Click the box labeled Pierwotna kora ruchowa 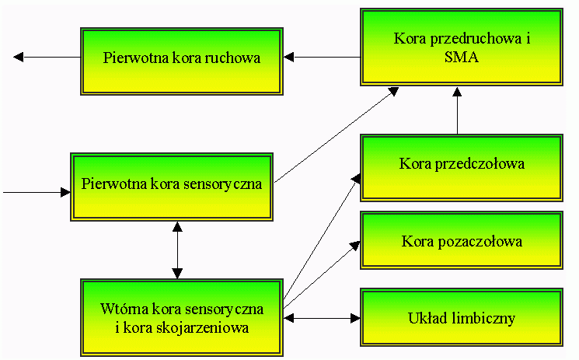coord(181,58)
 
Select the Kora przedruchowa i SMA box coord(462,47)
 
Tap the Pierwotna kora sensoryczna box coord(172,185)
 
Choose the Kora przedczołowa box coord(462,164)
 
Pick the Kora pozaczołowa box coord(462,241)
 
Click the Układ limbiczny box coord(462,318)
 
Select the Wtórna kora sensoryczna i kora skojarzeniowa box coord(182,318)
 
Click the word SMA coord(462,57)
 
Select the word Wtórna coord(120,309)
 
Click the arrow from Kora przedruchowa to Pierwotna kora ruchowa coord(323,57)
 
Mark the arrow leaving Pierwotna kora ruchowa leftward coord(47,57)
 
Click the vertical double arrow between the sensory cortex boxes coord(177,250)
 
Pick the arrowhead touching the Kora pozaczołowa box coord(355,245)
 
